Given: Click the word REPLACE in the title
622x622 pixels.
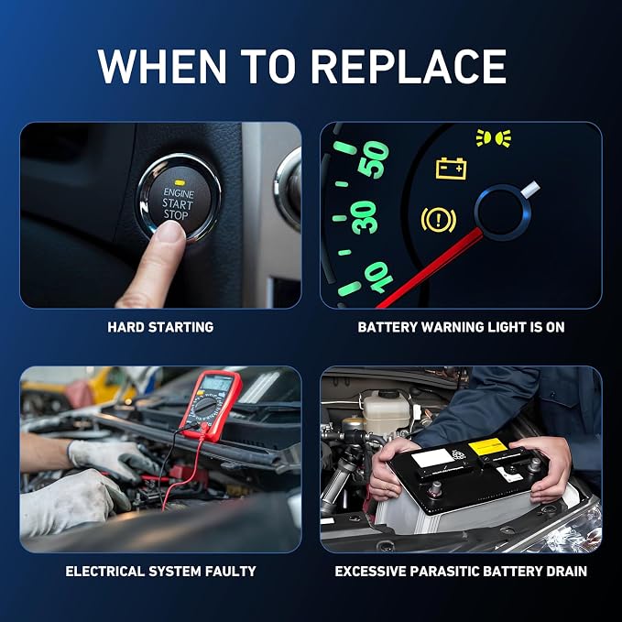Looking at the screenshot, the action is [x=409, y=66].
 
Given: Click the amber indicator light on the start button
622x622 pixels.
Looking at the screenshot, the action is [x=180, y=183].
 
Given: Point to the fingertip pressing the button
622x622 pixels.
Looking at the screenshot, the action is [x=170, y=232].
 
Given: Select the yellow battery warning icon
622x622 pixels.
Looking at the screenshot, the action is [x=451, y=169].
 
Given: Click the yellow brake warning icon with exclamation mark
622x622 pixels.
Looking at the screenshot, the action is [x=439, y=219].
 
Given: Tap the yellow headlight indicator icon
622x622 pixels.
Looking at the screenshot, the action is [x=494, y=138].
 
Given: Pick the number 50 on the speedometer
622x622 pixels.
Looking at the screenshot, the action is [x=373, y=159].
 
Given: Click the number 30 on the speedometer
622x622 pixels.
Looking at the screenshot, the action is [x=365, y=217].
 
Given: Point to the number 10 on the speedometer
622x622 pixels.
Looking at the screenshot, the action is [x=378, y=278].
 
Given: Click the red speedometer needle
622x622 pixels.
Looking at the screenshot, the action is [x=430, y=268].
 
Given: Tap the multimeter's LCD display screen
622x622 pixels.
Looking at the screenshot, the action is [x=216, y=383].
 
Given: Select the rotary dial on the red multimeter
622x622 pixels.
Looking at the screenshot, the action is [x=205, y=406].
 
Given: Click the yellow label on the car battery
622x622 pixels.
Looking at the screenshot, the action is [x=488, y=447].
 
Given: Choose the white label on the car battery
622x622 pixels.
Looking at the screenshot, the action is [x=432, y=458].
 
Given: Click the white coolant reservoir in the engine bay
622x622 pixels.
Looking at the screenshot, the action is [x=387, y=412].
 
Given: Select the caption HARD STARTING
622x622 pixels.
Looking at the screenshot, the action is [x=160, y=327].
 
